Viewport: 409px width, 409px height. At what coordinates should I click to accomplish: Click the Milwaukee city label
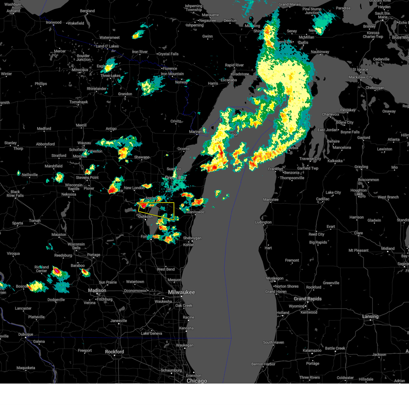tap(181, 292)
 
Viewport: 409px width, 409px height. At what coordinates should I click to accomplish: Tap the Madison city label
tap(97, 290)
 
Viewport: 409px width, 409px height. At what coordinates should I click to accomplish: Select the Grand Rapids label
tap(307, 299)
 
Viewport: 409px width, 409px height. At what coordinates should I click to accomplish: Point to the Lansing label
tap(370, 317)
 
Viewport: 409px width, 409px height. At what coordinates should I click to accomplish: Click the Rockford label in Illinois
tap(115, 352)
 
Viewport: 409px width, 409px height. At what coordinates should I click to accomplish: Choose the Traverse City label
tap(310, 159)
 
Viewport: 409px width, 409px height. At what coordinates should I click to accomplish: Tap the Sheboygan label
tap(192, 238)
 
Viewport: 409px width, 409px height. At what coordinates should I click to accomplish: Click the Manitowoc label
tap(196, 212)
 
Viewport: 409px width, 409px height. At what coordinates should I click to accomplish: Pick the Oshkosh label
tap(146, 217)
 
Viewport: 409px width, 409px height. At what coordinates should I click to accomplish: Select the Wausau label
tap(84, 143)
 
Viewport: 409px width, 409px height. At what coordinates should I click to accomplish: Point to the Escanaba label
tap(228, 80)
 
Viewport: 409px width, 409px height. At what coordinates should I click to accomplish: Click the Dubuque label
tap(26, 335)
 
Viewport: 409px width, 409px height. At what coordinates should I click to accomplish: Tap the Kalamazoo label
tap(312, 351)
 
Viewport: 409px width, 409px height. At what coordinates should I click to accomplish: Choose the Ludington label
tap(263, 223)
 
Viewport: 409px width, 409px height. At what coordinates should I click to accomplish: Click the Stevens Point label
tap(87, 178)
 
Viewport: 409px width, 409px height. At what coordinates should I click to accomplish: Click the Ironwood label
tap(54, 22)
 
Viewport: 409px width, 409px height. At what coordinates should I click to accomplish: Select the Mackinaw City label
tap(360, 77)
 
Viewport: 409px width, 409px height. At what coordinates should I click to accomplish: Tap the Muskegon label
tap(275, 278)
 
